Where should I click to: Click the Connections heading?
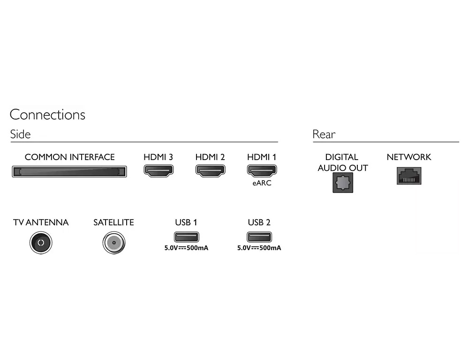point(47,115)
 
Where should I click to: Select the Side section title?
point(20,134)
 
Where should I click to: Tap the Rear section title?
point(324,134)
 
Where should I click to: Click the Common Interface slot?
point(69,172)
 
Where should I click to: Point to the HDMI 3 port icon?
point(158,171)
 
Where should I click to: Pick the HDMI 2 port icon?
point(210,171)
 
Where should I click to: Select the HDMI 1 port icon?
point(262,171)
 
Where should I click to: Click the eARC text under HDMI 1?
point(262,183)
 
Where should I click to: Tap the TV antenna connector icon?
point(41,243)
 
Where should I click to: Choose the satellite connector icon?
point(113,243)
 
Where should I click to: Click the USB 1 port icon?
point(186,237)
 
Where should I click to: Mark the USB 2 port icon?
point(259,237)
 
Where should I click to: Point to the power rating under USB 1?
point(186,248)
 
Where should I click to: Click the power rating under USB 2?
point(259,248)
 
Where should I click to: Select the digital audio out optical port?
point(343,183)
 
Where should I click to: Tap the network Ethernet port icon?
point(409,176)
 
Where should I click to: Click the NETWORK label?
point(408,157)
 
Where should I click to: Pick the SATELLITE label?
point(113,222)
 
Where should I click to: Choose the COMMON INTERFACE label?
point(69,157)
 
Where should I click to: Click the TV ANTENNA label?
point(41,222)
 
